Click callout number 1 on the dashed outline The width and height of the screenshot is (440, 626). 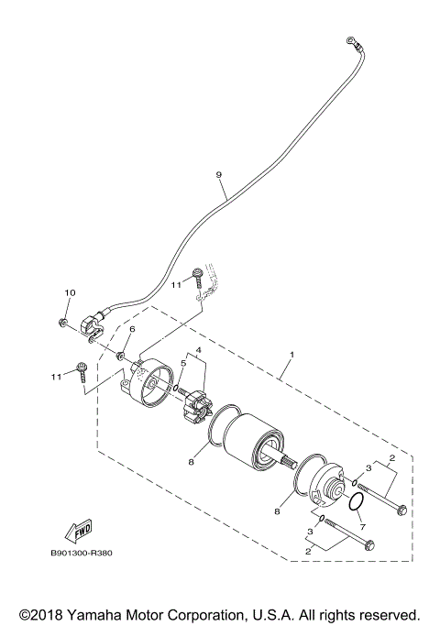[292, 354]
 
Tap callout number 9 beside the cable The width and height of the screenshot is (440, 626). [219, 174]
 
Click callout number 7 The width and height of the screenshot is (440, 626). [362, 528]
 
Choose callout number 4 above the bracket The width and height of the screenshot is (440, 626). [198, 350]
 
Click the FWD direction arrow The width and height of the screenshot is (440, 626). [78, 529]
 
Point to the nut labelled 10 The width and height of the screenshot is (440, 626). [60, 322]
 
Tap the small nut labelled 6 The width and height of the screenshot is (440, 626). [122, 351]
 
